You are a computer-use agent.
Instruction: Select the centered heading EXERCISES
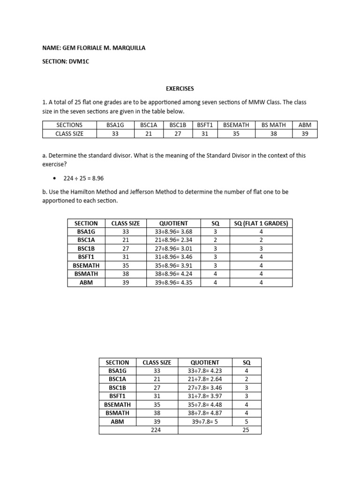[180, 88]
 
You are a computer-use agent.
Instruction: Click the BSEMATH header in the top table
[236, 125]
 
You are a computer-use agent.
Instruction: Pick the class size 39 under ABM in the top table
[305, 134]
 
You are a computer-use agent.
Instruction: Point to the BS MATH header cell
[273, 125]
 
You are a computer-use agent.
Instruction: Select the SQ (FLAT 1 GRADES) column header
[261, 223]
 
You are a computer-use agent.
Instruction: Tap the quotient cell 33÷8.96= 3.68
[173, 232]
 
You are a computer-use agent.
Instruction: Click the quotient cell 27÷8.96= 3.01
[173, 248]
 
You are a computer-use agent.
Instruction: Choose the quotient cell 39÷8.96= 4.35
[173, 282]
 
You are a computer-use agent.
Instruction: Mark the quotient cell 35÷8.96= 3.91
[173, 265]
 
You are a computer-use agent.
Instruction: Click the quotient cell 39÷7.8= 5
[205, 421]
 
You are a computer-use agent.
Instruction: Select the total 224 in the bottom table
[157, 430]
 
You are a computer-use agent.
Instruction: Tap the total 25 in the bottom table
[247, 430]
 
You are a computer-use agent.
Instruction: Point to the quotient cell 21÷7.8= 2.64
[205, 379]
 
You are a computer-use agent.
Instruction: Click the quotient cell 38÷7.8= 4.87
[205, 413]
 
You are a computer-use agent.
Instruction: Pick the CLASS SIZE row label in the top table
[69, 134]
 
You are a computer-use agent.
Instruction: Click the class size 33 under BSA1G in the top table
[115, 134]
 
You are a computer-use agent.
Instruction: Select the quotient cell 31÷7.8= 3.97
[205, 396]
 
